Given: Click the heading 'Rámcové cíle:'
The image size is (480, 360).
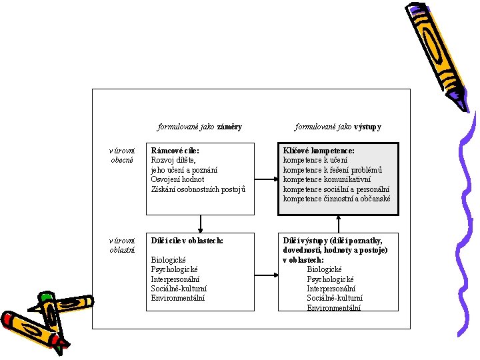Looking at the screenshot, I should click(175, 151).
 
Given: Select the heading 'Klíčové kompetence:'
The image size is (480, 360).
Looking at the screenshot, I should click(319, 151).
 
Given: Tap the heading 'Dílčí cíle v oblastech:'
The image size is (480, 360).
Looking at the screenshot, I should click(187, 240).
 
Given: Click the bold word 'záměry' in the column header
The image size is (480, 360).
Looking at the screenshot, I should click(229, 127).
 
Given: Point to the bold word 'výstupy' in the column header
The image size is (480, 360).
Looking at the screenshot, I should click(368, 127).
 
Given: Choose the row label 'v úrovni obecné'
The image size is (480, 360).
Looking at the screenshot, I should click(122, 155).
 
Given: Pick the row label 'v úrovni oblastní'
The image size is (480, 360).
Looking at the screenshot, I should click(122, 245).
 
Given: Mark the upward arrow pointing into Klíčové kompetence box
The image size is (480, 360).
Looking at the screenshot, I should click(338, 223).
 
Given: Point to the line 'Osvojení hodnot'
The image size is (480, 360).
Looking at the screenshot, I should click(177, 179).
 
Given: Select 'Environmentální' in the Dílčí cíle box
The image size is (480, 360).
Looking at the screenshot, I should click(178, 298).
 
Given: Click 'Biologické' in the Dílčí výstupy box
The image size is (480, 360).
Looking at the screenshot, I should click(324, 269).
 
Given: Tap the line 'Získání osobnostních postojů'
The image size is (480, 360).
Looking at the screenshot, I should click(198, 189).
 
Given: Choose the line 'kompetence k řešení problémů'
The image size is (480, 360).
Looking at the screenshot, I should click(332, 170).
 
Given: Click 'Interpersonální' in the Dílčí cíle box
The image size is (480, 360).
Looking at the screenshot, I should click(176, 279).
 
